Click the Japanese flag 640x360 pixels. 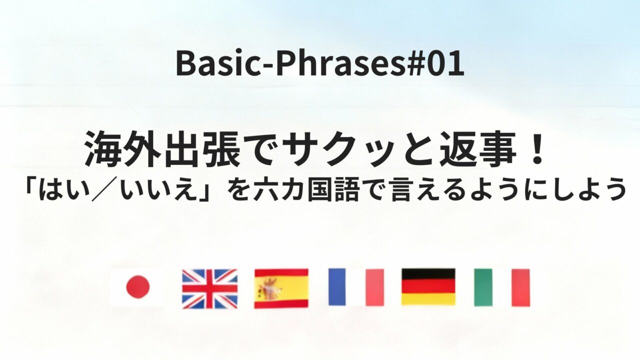point(136,287)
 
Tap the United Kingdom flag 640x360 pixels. point(209,288)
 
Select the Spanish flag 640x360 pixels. point(281,288)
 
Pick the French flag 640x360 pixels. point(355,287)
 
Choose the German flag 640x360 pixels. point(428,286)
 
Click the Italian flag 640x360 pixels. point(501,287)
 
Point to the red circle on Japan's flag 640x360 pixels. point(137,287)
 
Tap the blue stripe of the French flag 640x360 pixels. point(337,287)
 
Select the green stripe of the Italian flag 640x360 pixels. point(483,287)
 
